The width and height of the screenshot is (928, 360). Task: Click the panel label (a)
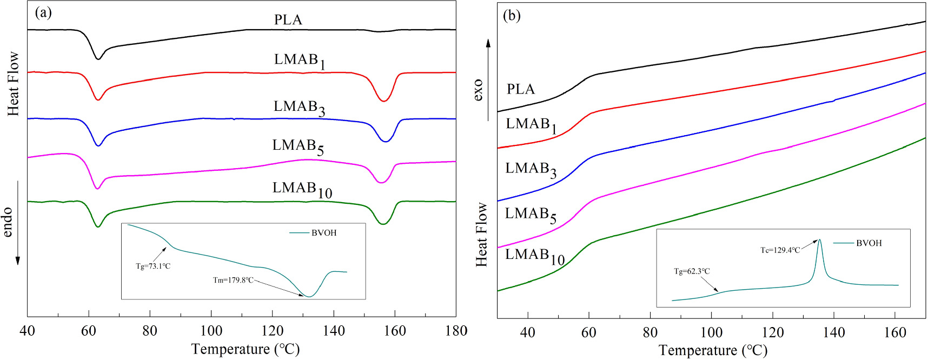coord(43,12)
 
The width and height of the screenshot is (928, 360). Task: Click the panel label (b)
coord(512,15)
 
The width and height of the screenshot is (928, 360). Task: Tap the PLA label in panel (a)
coord(288,20)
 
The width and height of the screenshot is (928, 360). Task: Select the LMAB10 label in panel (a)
coord(302,189)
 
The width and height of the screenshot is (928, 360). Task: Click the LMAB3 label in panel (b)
coord(531,169)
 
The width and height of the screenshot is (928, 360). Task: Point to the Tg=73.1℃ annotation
coord(153,266)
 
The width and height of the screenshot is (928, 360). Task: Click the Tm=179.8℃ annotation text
coord(233,280)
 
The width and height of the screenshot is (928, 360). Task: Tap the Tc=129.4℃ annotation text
coord(780,250)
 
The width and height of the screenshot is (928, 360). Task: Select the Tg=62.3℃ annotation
coord(692,271)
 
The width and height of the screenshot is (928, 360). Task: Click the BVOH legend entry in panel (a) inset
coord(323,233)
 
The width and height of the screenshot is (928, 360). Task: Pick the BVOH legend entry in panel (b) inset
coord(869,243)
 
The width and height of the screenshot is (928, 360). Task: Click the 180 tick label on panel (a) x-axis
coord(456,331)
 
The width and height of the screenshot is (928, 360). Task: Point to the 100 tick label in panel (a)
coord(211,331)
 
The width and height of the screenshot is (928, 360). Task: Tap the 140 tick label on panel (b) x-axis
coord(833,332)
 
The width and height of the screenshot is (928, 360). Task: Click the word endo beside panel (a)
coord(8,222)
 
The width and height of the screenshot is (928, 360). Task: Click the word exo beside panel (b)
coord(478,90)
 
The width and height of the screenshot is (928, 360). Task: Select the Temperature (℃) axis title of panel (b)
coord(713,350)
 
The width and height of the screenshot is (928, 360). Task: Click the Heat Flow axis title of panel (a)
coord(13,84)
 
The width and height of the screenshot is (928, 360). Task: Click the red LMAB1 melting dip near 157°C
coord(383,101)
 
